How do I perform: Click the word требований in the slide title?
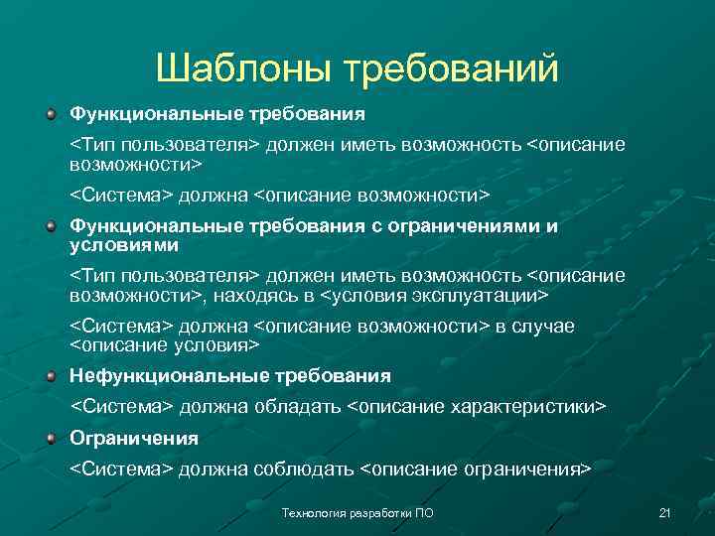click(x=452, y=69)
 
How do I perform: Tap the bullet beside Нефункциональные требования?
click(x=51, y=376)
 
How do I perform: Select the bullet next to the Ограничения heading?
click(x=51, y=438)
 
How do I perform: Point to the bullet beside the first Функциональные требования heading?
click(x=51, y=114)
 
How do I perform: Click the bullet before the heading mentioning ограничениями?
click(x=51, y=226)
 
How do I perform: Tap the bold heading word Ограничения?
click(x=134, y=438)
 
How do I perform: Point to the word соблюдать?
click(x=307, y=469)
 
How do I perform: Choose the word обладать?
click(x=299, y=407)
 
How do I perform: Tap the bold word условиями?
click(x=124, y=243)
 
